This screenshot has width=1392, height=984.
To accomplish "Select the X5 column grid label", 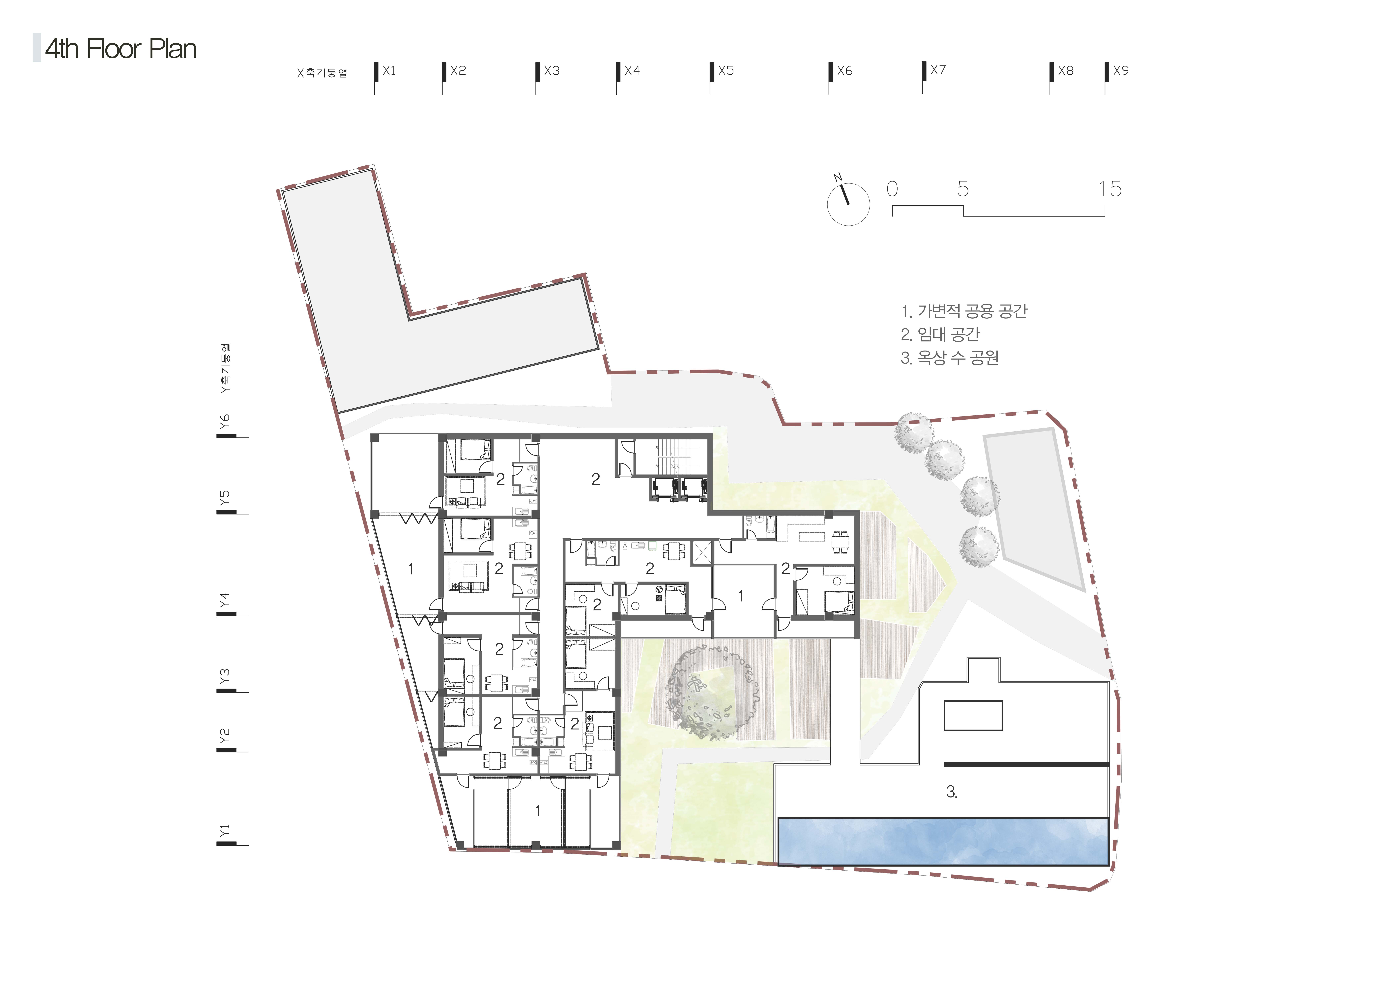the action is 726,71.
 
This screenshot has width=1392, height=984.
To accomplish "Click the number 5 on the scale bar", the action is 963,189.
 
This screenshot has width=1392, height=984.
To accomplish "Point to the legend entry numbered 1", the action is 964,311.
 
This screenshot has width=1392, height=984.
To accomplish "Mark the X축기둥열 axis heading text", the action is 322,73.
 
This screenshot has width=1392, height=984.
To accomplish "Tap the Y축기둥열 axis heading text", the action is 225,369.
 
